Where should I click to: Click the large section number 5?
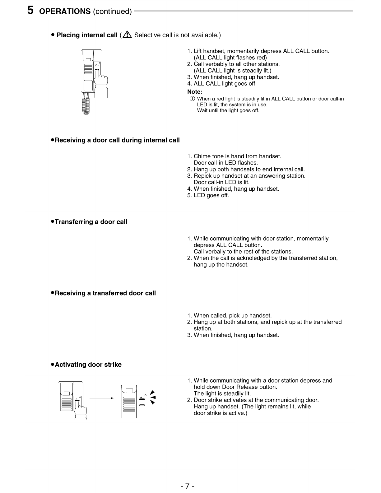pyautogui.click(x=30, y=10)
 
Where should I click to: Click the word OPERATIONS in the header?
pyautogui.click(x=65, y=12)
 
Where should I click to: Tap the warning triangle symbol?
pyautogui.click(x=127, y=35)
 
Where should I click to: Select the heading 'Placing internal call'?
pyautogui.click(x=87, y=35)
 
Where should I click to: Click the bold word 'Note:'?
pyautogui.click(x=195, y=92)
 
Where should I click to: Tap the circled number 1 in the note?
pyautogui.click(x=192, y=99)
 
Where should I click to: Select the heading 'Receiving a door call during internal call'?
pyautogui.click(x=117, y=140)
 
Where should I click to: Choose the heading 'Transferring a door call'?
pyautogui.click(x=91, y=222)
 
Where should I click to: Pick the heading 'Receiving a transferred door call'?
pyautogui.click(x=105, y=293)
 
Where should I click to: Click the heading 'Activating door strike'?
pyautogui.click(x=88, y=365)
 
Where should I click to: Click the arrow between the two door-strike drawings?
pyautogui.click(x=101, y=398)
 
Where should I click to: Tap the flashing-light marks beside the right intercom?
pyautogui.click(x=152, y=398)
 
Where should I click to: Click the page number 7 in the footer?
pyautogui.click(x=187, y=486)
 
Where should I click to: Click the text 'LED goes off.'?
pyautogui.click(x=211, y=195)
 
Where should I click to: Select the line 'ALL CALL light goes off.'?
pyautogui.click(x=225, y=84)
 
